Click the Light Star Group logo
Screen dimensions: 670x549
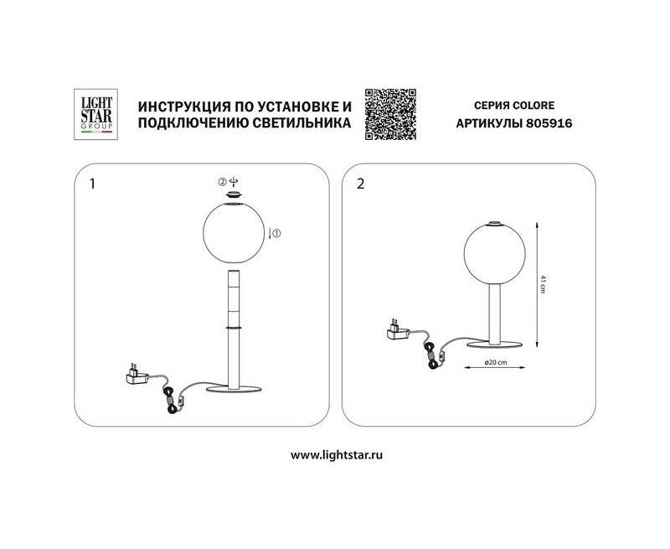[x=96, y=114]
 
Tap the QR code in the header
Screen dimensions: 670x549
[x=390, y=114]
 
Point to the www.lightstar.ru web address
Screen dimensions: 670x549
[x=337, y=455]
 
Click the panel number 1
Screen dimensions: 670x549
[x=93, y=184]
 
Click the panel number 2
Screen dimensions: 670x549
[x=361, y=184]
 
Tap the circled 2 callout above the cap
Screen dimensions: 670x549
[x=222, y=182]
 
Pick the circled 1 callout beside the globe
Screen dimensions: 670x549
[x=276, y=234]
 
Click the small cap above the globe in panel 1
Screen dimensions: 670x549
[x=234, y=195]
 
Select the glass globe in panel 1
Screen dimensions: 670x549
[x=234, y=234]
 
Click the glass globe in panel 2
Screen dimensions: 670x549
[x=494, y=254]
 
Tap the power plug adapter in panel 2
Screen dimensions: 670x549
[x=398, y=329]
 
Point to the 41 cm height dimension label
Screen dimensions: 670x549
[x=543, y=284]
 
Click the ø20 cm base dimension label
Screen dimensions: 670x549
[x=496, y=363]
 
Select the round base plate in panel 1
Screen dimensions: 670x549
[x=234, y=389]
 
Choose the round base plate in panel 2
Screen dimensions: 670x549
[x=495, y=344]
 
